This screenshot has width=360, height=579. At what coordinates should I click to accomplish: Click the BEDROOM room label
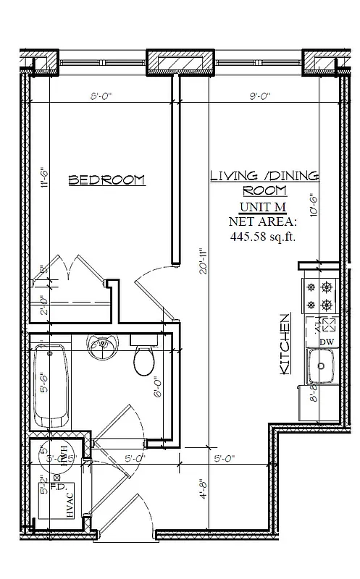(106, 180)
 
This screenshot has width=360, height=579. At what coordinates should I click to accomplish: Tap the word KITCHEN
(285, 344)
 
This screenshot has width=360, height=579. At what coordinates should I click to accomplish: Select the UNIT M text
(264, 207)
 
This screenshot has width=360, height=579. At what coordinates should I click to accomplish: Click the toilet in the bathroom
(146, 360)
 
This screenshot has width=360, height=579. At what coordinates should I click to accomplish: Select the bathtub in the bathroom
(52, 386)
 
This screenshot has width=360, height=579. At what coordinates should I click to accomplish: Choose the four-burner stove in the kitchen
(319, 295)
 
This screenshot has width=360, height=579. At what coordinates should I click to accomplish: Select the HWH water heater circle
(59, 455)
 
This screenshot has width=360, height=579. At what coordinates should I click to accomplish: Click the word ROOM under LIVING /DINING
(264, 191)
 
